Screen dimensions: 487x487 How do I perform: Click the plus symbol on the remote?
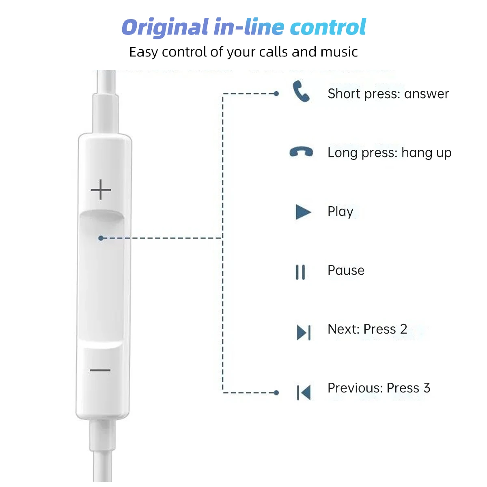101,190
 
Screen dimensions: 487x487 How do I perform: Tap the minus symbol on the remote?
100,370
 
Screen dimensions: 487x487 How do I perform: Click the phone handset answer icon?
301,91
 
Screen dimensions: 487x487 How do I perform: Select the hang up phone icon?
301,152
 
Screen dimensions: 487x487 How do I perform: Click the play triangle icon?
303,212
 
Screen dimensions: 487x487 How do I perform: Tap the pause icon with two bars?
300,272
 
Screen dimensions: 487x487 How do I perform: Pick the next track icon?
304,332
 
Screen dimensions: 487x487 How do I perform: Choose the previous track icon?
304,392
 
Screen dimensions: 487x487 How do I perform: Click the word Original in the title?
165,28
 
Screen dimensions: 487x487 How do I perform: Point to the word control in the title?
328,28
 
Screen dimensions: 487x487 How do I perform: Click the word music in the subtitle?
339,52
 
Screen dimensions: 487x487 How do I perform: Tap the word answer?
427,94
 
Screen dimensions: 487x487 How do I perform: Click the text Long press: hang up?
389,153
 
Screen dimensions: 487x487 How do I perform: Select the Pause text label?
346,270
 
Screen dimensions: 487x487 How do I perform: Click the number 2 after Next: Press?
403,329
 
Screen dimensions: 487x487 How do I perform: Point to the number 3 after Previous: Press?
427,388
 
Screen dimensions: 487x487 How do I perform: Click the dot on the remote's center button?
101,238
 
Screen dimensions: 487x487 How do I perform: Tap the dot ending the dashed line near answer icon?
276,94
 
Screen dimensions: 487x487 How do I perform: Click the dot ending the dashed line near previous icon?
276,392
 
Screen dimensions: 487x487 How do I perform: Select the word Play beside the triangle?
340,212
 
